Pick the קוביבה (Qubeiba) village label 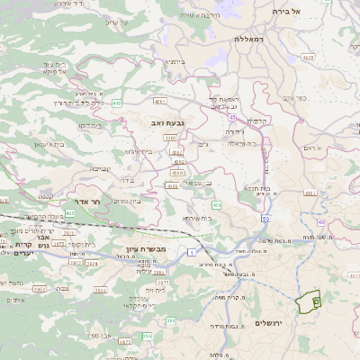100,168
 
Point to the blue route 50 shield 265,218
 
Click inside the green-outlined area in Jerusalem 308,303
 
